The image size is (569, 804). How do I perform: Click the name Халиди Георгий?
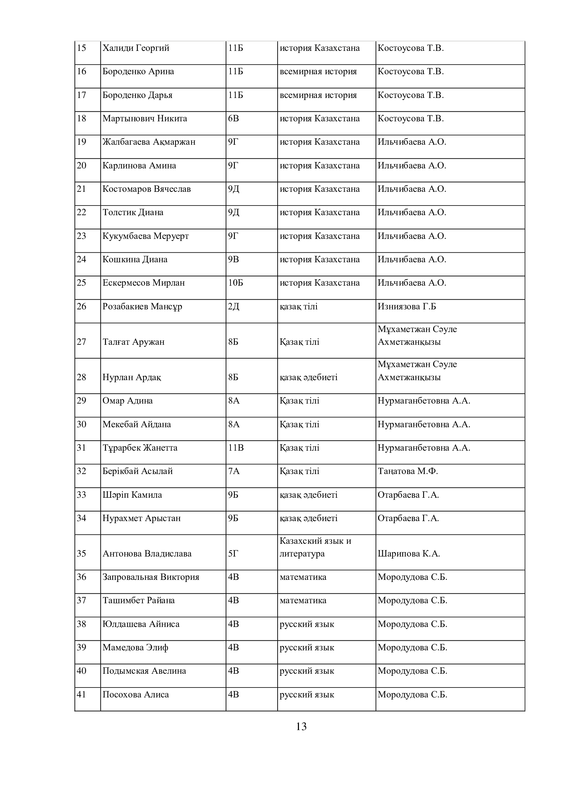tap(136, 48)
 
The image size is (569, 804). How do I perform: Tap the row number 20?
tap(81, 165)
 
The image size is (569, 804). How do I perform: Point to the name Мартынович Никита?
tap(144, 118)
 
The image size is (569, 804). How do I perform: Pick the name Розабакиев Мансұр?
tap(142, 306)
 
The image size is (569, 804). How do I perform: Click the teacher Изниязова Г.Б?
tap(407, 306)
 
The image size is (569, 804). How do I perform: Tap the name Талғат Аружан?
tap(133, 342)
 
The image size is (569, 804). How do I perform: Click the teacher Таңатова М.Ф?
tap(407, 471)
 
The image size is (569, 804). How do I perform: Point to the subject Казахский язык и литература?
tap(315, 547)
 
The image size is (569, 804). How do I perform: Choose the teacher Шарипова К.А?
tap(409, 554)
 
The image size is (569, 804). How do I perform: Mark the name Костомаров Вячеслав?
tap(147, 189)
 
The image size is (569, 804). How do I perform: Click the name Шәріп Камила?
tap(132, 495)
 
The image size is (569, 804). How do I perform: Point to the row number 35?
tap(81, 554)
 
